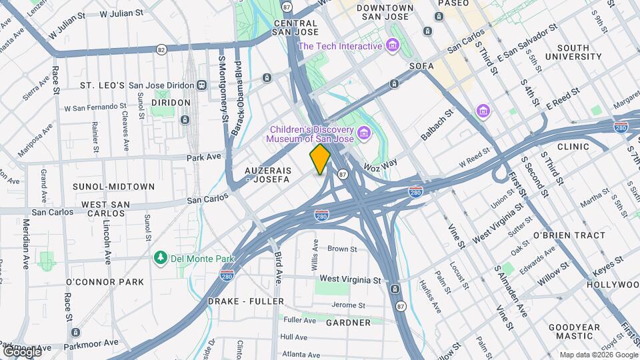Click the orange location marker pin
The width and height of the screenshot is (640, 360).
[x=320, y=159]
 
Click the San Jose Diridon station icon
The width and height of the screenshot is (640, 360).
[x=201, y=85]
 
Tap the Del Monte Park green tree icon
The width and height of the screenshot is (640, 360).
[x=160, y=257]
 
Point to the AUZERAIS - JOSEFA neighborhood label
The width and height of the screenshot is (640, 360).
[x=267, y=175]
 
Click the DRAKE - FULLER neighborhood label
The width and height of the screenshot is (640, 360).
[x=246, y=301]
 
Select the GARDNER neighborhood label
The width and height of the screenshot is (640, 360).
[x=348, y=323]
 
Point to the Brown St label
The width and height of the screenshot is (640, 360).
[x=342, y=249]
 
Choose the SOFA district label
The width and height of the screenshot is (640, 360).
[x=421, y=66]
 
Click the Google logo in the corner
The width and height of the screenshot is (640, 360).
[x=22, y=351]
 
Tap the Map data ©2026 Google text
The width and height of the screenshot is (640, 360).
[x=598, y=354]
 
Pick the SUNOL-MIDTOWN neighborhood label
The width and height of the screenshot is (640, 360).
[x=117, y=187]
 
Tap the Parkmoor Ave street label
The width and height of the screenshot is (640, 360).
[x=91, y=343]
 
